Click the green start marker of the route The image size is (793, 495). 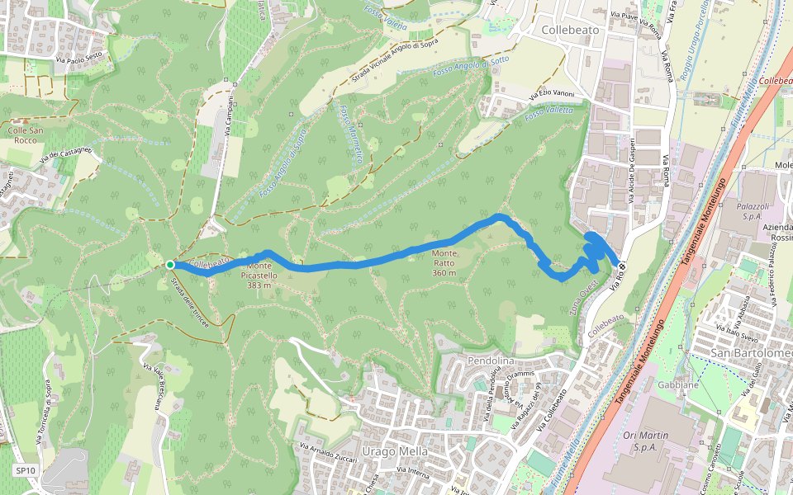(x=169, y=265)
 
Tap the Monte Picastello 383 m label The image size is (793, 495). (x=259, y=276)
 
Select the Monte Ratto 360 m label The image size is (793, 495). (x=444, y=262)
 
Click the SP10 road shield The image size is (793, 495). (x=26, y=471)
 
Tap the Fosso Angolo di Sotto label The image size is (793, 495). (x=471, y=68)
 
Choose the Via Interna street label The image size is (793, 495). (x=413, y=472)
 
